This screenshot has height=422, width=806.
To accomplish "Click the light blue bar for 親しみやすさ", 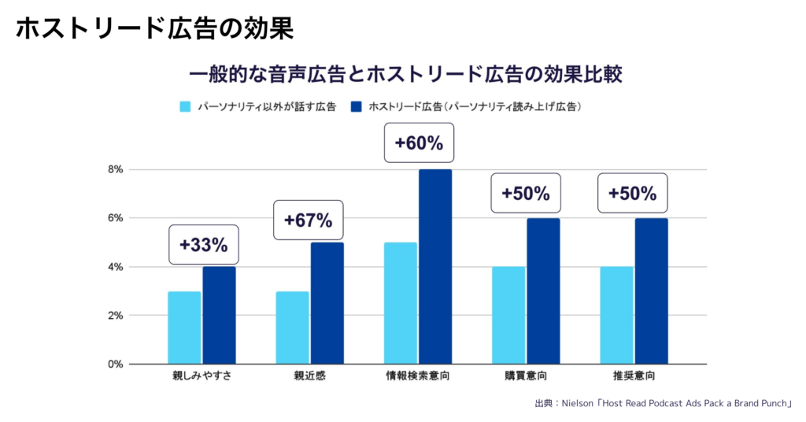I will pyautogui.click(x=184, y=328).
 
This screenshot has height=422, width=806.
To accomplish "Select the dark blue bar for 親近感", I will pyautogui.click(x=327, y=303).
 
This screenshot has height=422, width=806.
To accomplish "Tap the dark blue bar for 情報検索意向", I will pyautogui.click(x=435, y=266).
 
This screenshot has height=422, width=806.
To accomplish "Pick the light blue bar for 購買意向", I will pyautogui.click(x=508, y=315).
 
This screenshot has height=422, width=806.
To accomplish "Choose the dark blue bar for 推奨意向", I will pyautogui.click(x=651, y=291).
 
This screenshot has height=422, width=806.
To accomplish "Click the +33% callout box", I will pyautogui.click(x=203, y=245).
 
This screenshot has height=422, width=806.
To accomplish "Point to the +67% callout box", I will pyautogui.click(x=309, y=220).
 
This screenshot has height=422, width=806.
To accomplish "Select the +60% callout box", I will pyautogui.click(x=419, y=143).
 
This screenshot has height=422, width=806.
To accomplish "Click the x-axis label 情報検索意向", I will pyautogui.click(x=419, y=376).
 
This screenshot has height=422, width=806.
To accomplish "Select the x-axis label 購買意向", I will pyautogui.click(x=526, y=376).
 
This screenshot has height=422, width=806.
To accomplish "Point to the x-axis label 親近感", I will pyautogui.click(x=309, y=376).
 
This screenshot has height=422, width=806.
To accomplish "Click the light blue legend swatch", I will pyautogui.click(x=186, y=106).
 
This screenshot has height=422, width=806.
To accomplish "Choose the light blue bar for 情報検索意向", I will pyautogui.click(x=401, y=303).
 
